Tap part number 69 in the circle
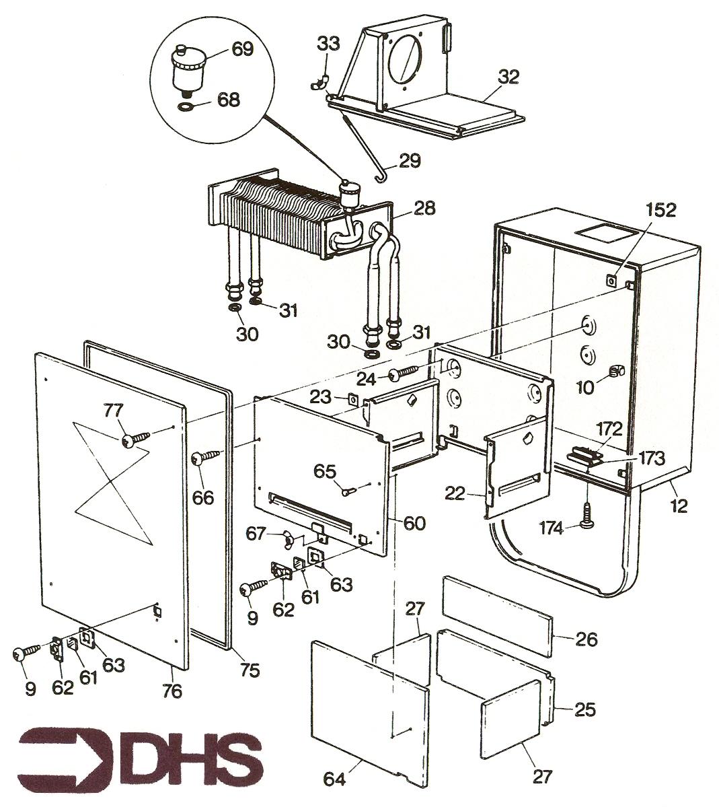coord(241,49)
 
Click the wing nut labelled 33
coord(319,82)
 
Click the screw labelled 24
coord(406,373)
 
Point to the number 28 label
coord(424,208)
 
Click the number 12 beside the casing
coord(679,505)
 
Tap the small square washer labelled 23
coord(353,399)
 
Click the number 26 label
coord(586,639)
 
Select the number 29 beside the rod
coord(410,161)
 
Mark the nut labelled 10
coord(615,370)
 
